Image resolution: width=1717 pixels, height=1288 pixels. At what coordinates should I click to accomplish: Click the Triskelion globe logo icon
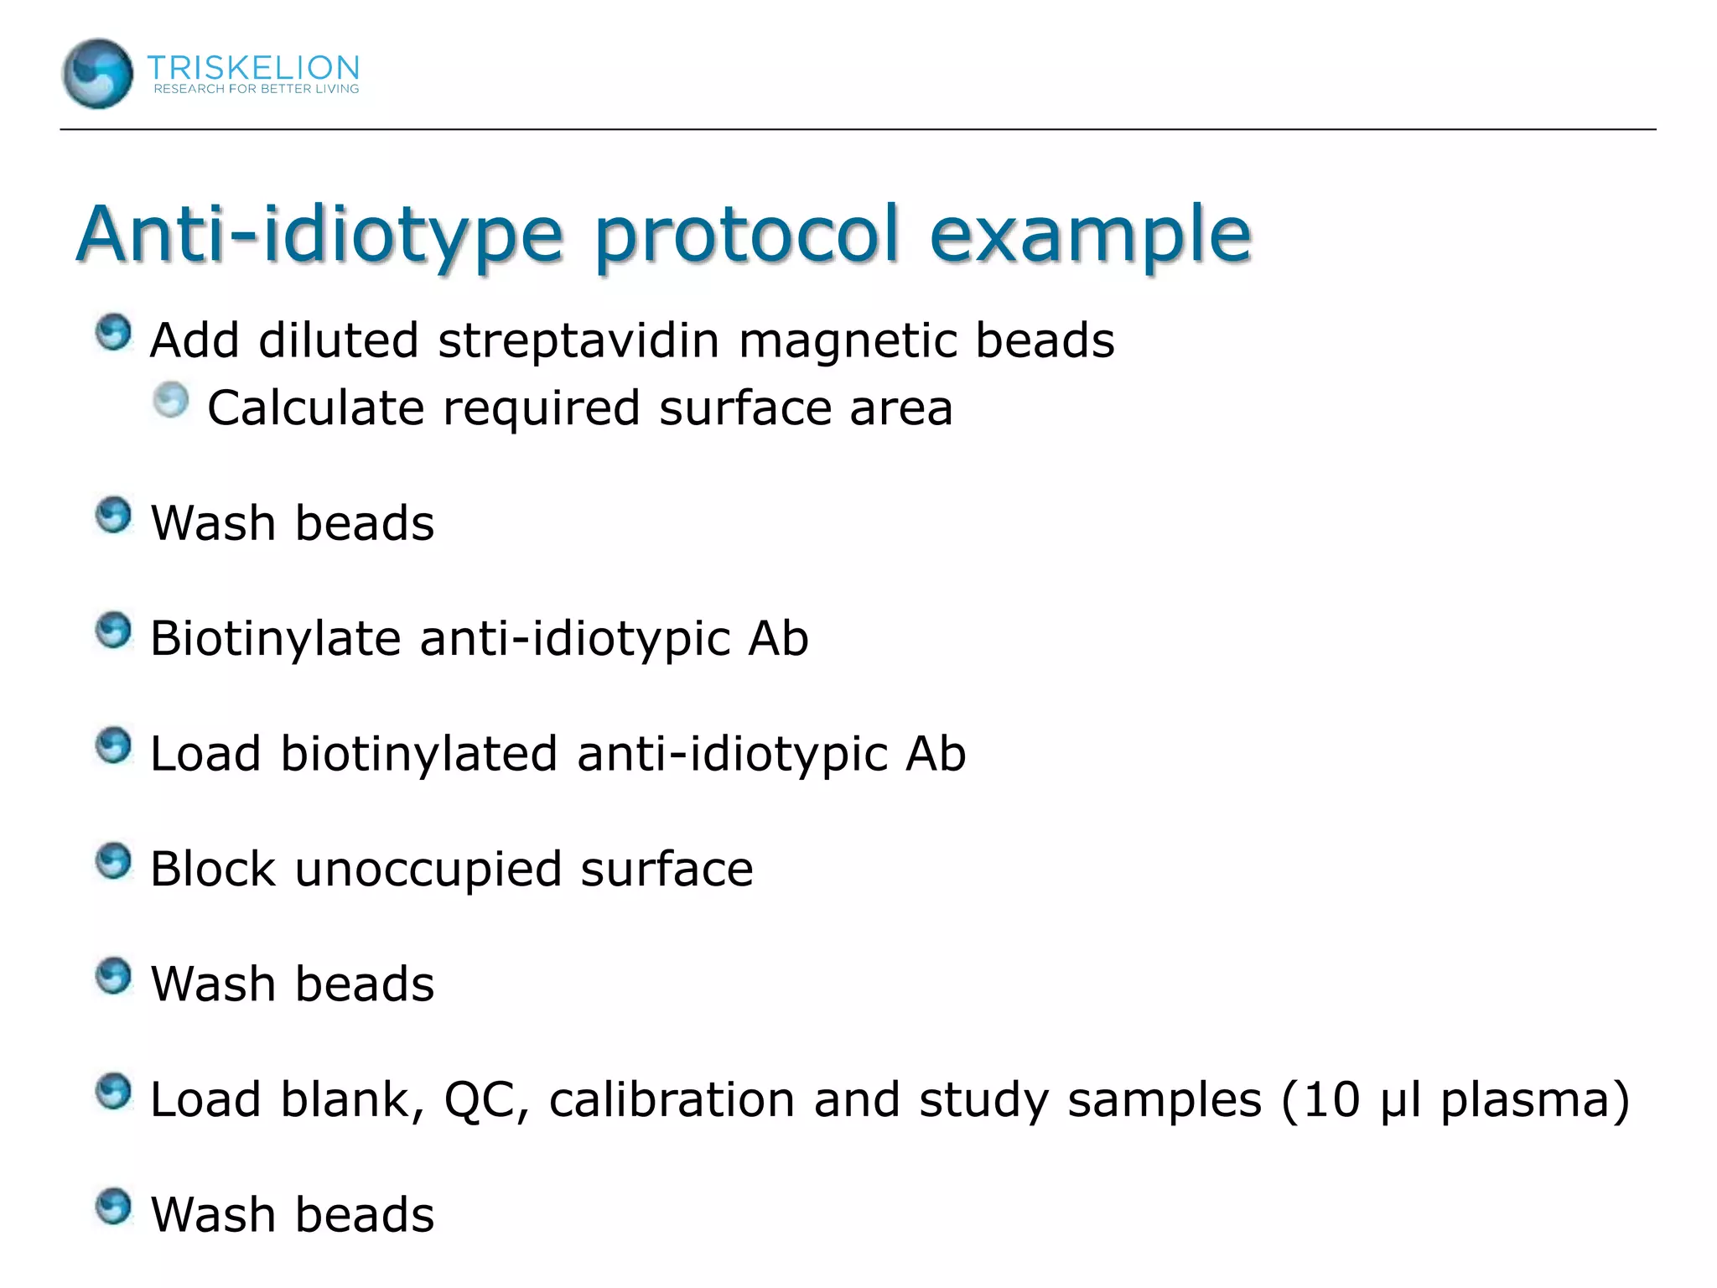tap(97, 74)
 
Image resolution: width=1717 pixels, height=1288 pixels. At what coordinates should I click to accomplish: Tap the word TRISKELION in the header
tap(253, 67)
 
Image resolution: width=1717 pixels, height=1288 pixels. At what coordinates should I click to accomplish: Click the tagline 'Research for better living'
tap(256, 89)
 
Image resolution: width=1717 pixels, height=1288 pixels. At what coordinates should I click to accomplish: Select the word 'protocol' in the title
tap(747, 234)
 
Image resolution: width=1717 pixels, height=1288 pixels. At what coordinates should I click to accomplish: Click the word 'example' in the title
tap(1090, 234)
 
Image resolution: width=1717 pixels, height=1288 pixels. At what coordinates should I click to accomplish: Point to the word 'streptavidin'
tap(578, 340)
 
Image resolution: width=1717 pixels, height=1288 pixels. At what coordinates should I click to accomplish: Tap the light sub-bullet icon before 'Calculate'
tap(171, 400)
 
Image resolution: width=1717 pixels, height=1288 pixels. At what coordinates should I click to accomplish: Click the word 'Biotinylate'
tap(275, 638)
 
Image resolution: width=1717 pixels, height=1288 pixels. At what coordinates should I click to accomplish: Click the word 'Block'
tap(213, 869)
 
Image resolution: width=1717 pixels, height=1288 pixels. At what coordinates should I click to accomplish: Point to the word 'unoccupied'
tap(428, 870)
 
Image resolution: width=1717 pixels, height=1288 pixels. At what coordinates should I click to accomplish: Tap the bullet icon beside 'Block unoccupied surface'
tap(113, 861)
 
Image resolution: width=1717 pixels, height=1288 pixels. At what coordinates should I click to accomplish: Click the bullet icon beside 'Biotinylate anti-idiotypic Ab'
tap(113, 631)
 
